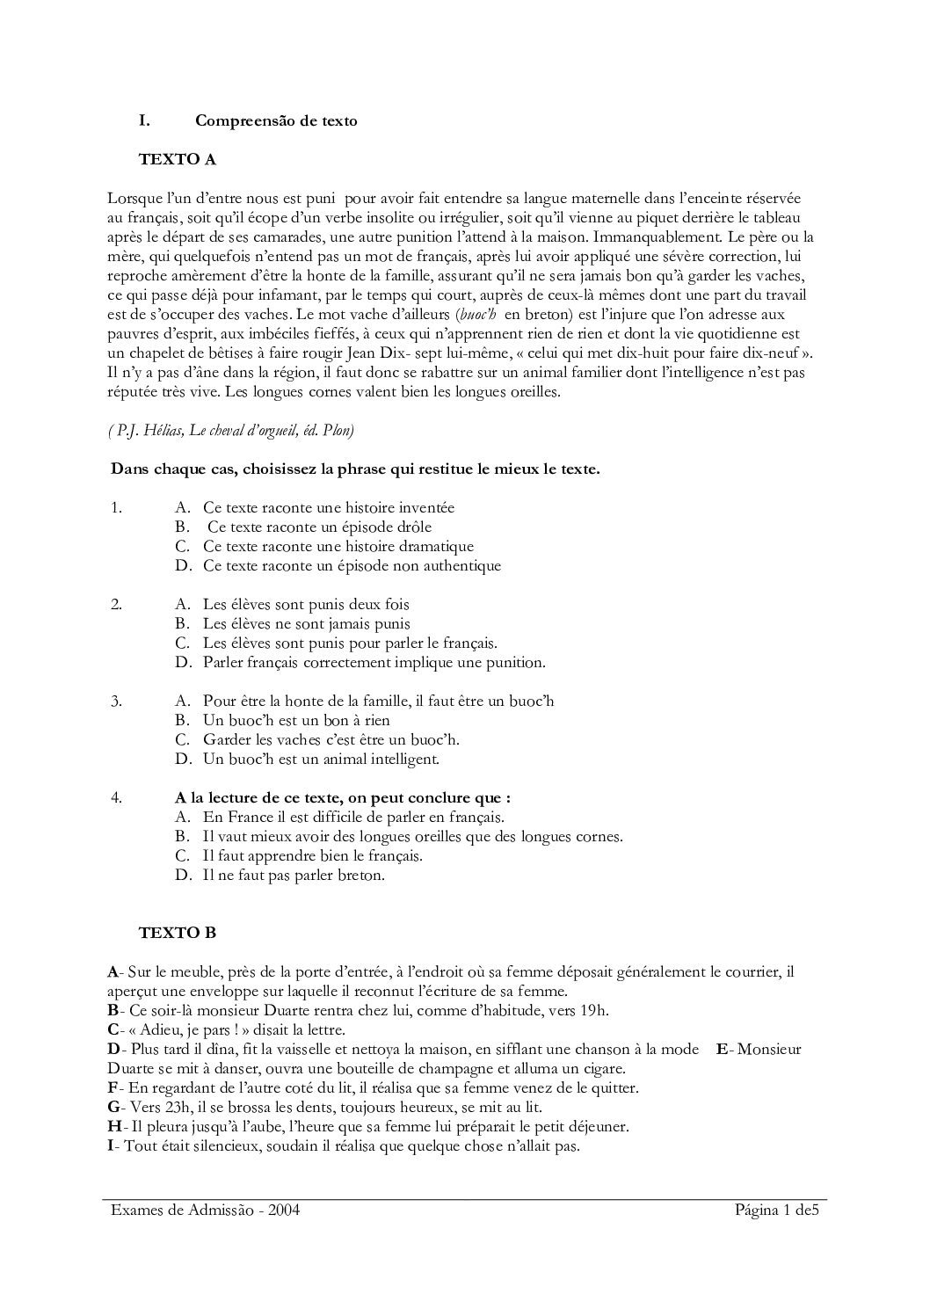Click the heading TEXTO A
tap(178, 159)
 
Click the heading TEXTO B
tap(178, 932)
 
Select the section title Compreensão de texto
tap(276, 120)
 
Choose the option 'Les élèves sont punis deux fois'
tap(306, 604)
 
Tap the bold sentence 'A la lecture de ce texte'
tap(343, 797)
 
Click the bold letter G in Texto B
tap(113, 1107)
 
